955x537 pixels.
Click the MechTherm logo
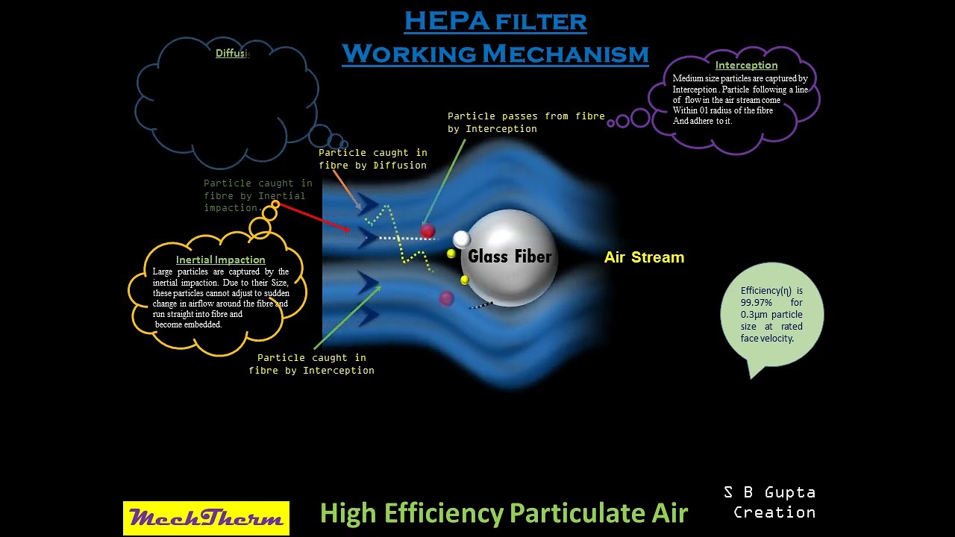pyautogui.click(x=206, y=518)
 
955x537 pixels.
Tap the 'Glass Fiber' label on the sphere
pyautogui.click(x=510, y=257)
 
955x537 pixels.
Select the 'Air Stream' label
pyautogui.click(x=644, y=257)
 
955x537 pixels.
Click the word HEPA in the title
pyautogui.click(x=446, y=22)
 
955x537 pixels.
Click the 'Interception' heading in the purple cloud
pyautogui.click(x=746, y=65)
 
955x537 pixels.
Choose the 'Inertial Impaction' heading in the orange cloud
pyautogui.click(x=220, y=260)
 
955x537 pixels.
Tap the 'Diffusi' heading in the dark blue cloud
pyautogui.click(x=232, y=53)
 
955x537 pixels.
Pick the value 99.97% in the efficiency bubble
pyautogui.click(x=757, y=303)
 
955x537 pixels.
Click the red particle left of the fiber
pyautogui.click(x=428, y=231)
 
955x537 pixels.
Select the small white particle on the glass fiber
pyautogui.click(x=462, y=239)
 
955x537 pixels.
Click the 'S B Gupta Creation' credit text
pyautogui.click(x=770, y=502)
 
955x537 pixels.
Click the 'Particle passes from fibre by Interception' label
pyautogui.click(x=525, y=122)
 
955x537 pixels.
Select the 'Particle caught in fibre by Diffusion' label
pyautogui.click(x=373, y=159)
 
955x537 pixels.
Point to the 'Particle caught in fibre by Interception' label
pyautogui.click(x=311, y=364)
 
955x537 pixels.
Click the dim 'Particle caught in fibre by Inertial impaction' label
pyautogui.click(x=257, y=195)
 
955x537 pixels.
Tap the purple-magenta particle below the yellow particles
pyautogui.click(x=446, y=298)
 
